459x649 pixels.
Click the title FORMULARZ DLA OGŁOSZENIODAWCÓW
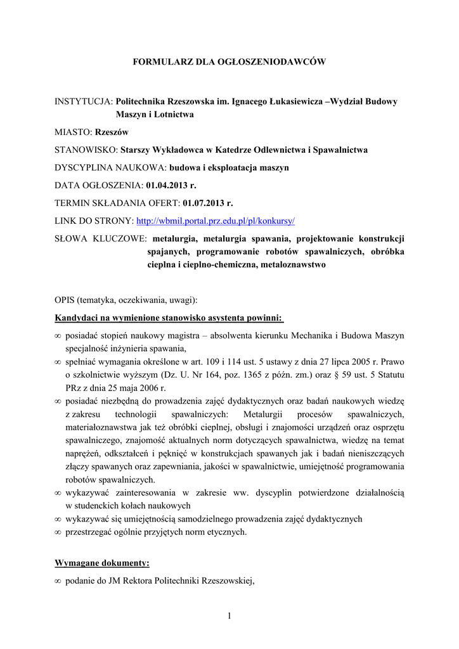[229, 61]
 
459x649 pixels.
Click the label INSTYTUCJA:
[84, 101]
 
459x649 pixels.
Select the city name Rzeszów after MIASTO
[111, 132]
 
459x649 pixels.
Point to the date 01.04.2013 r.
[171, 186]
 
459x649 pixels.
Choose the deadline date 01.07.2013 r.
[208, 203]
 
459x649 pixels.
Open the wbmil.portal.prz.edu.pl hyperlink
[216, 221]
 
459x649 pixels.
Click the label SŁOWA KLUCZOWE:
[101, 239]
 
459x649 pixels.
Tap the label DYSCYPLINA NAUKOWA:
[110, 167]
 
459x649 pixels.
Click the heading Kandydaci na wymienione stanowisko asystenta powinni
[169, 317]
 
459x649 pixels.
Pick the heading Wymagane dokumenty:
[102, 562]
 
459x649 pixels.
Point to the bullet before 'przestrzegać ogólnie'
[58, 532]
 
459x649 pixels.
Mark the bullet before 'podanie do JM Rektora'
[58, 581]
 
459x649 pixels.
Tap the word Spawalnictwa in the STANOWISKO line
[338, 150]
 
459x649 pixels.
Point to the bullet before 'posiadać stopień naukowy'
[58, 335]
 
